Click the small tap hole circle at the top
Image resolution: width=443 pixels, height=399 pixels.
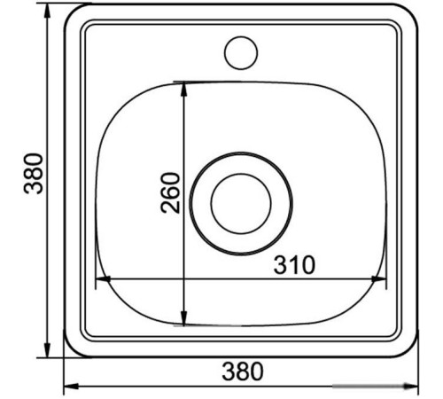pyautogui.click(x=241, y=36)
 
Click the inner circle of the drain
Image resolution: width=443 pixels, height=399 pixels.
pyautogui.click(x=241, y=174)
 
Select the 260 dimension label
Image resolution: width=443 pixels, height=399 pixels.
pyautogui.click(x=170, y=193)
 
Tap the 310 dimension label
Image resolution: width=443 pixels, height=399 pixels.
pyautogui.click(x=294, y=264)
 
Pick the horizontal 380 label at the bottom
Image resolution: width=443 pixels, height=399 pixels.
pyautogui.click(x=243, y=372)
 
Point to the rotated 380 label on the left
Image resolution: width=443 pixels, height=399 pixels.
pyautogui.click(x=34, y=174)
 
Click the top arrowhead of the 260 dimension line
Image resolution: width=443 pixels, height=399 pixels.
pyautogui.click(x=184, y=90)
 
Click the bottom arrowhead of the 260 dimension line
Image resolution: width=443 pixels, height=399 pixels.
pyautogui.click(x=184, y=318)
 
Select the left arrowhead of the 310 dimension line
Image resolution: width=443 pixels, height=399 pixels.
pyautogui.click(x=103, y=278)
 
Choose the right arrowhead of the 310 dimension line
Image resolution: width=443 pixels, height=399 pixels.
pyautogui.click(x=378, y=278)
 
